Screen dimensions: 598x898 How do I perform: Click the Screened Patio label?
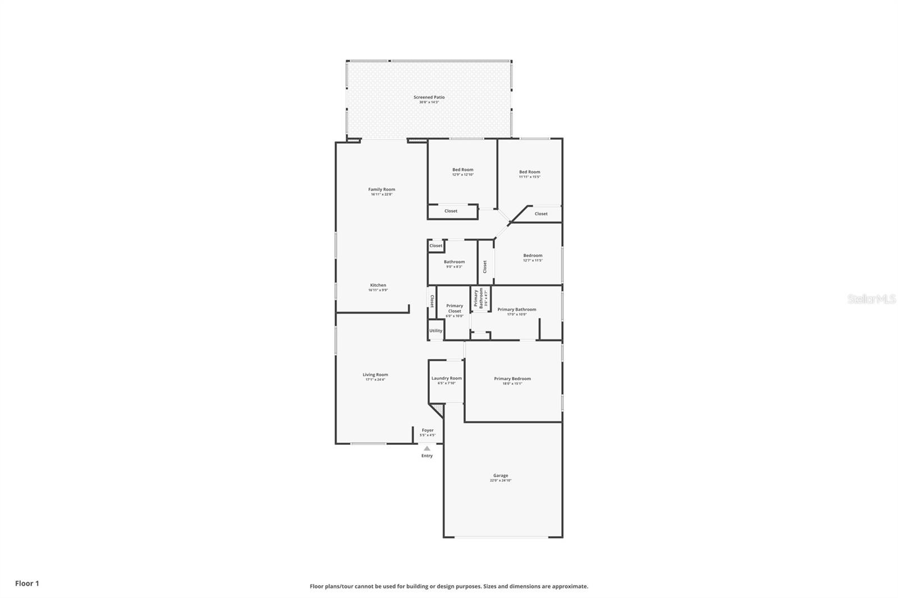pyautogui.click(x=429, y=98)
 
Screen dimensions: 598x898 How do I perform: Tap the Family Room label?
pyautogui.click(x=382, y=190)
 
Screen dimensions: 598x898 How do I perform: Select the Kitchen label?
pyautogui.click(x=378, y=286)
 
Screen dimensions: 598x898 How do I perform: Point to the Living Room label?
pyautogui.click(x=375, y=375)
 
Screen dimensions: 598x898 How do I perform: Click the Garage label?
pyautogui.click(x=501, y=476)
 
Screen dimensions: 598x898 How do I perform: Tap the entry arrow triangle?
pyautogui.click(x=427, y=448)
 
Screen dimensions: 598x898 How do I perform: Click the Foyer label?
pyautogui.click(x=428, y=430)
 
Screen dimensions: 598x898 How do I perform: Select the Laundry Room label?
pyautogui.click(x=447, y=379)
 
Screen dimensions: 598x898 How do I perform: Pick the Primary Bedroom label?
pyautogui.click(x=512, y=379)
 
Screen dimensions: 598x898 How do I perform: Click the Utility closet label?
pyautogui.click(x=436, y=331)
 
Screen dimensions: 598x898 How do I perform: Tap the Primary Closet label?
pyautogui.click(x=455, y=309)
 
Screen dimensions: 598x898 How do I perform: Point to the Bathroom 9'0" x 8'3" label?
pyautogui.click(x=454, y=262)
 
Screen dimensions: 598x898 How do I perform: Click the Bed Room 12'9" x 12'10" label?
pyautogui.click(x=463, y=170)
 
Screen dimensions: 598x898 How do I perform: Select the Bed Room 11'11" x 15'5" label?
pyautogui.click(x=529, y=172)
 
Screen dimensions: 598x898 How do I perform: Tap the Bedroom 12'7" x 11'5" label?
pyautogui.click(x=533, y=256)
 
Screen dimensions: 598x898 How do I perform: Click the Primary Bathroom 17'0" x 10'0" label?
pyautogui.click(x=516, y=310)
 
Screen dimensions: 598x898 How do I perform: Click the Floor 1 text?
pyautogui.click(x=27, y=583)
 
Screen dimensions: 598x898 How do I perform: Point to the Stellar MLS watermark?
pyautogui.click(x=871, y=300)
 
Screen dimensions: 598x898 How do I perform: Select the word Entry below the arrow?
pyautogui.click(x=427, y=456)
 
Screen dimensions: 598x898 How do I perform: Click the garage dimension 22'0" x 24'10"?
pyautogui.click(x=501, y=481)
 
